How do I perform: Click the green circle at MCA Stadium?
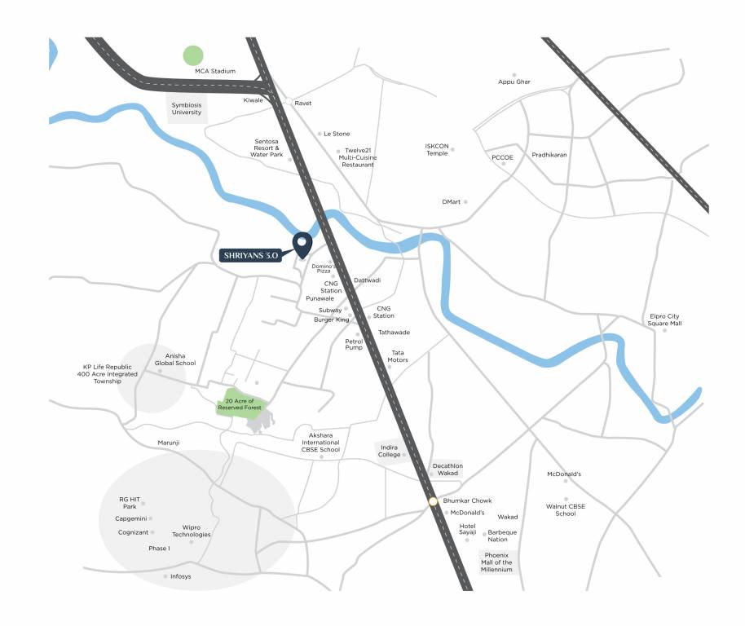coord(193,55)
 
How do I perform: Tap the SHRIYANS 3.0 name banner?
coord(251,255)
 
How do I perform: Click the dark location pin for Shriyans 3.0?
coord(302,244)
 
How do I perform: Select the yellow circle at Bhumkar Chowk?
coord(434,501)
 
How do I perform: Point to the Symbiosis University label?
coord(187,108)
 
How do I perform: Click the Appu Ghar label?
coord(514,82)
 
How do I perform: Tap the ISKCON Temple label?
coord(437,150)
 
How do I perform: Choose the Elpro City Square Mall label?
coord(664,320)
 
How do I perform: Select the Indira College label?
coord(390,450)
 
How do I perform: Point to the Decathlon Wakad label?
coord(447,469)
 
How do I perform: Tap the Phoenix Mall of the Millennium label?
coord(496,562)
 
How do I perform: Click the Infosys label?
coord(181,576)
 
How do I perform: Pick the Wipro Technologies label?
coord(191,531)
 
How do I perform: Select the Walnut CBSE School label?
coord(566,509)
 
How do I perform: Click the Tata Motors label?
coord(398,356)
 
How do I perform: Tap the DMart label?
coord(452,201)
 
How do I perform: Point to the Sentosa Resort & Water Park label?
coord(267,148)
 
